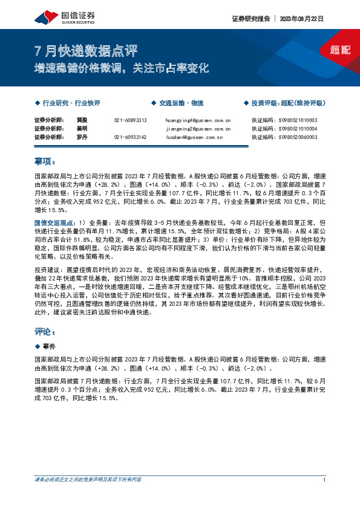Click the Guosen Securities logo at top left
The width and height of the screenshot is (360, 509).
point(60,16)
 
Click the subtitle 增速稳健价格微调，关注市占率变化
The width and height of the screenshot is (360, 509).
point(121,68)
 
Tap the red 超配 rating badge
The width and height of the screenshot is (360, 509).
point(340,50)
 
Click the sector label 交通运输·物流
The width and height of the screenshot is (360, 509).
point(180,103)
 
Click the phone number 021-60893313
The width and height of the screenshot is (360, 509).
point(130,120)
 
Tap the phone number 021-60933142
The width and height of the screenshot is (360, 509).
point(130,137)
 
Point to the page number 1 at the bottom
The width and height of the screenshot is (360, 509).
point(325,479)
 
